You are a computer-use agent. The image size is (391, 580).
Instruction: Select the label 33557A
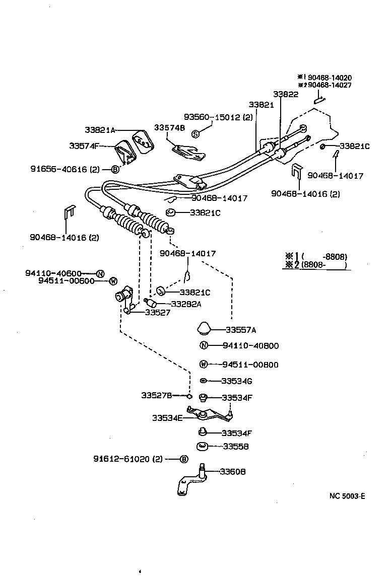[x=241, y=330]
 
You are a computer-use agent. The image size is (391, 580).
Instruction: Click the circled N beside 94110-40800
[x=204, y=345]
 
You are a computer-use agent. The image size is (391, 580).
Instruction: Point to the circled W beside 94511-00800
[x=204, y=364]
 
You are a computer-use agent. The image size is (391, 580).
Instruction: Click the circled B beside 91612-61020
[x=183, y=459]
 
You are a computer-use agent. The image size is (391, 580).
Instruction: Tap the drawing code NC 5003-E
[x=347, y=496]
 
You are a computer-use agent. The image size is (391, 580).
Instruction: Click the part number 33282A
[x=186, y=304]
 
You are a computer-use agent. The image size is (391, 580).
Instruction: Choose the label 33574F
[x=84, y=146]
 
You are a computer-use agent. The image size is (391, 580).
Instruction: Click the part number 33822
[x=286, y=94]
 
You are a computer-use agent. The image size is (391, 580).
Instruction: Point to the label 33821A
[x=100, y=130]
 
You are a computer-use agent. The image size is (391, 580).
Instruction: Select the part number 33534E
[x=167, y=417]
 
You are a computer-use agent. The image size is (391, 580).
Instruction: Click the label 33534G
[x=237, y=381]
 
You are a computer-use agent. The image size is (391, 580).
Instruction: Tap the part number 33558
[x=236, y=446]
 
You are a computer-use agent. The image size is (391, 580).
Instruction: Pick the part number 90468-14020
[x=330, y=78]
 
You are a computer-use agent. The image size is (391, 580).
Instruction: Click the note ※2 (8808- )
[x=316, y=265]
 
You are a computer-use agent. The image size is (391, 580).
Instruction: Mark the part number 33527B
[x=156, y=396]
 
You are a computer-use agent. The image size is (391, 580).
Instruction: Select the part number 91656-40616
[x=64, y=170]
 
